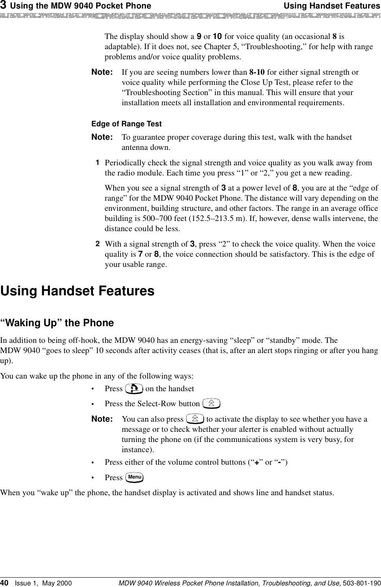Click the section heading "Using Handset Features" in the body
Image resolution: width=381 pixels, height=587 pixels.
(77, 291)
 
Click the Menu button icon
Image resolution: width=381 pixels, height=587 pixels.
(135, 477)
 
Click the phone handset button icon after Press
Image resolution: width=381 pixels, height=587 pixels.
(134, 389)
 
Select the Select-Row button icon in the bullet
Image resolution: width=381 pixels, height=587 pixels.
(211, 404)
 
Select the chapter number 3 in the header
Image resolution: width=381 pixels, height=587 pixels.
(3, 5)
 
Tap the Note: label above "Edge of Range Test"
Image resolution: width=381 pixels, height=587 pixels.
(102, 72)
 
